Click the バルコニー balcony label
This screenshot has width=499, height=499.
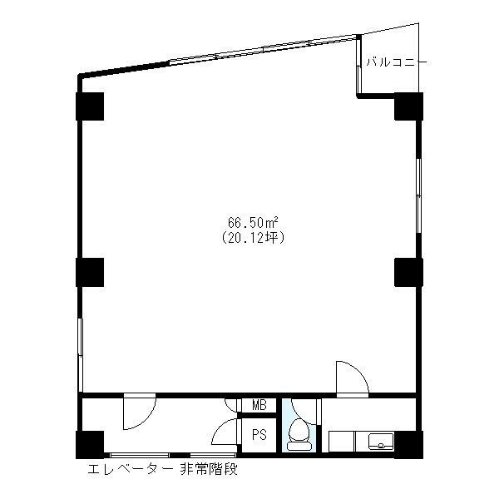397,62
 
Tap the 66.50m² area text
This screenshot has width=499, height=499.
253,222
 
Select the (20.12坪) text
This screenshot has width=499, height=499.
253,238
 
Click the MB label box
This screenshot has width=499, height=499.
259,405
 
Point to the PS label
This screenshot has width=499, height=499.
259,435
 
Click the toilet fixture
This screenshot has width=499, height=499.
299,435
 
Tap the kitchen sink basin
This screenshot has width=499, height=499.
381,441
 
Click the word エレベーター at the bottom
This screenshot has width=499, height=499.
131,469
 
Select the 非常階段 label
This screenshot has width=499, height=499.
209,469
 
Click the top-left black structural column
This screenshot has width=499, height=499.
90,106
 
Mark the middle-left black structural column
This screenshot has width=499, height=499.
90,272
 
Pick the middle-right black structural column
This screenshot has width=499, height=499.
408,272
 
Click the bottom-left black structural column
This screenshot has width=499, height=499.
90,445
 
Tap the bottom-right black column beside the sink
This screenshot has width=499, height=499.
408,445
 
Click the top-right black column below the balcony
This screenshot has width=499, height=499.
408,106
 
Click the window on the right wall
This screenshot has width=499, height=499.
419,195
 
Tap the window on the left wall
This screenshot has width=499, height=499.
80,354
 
